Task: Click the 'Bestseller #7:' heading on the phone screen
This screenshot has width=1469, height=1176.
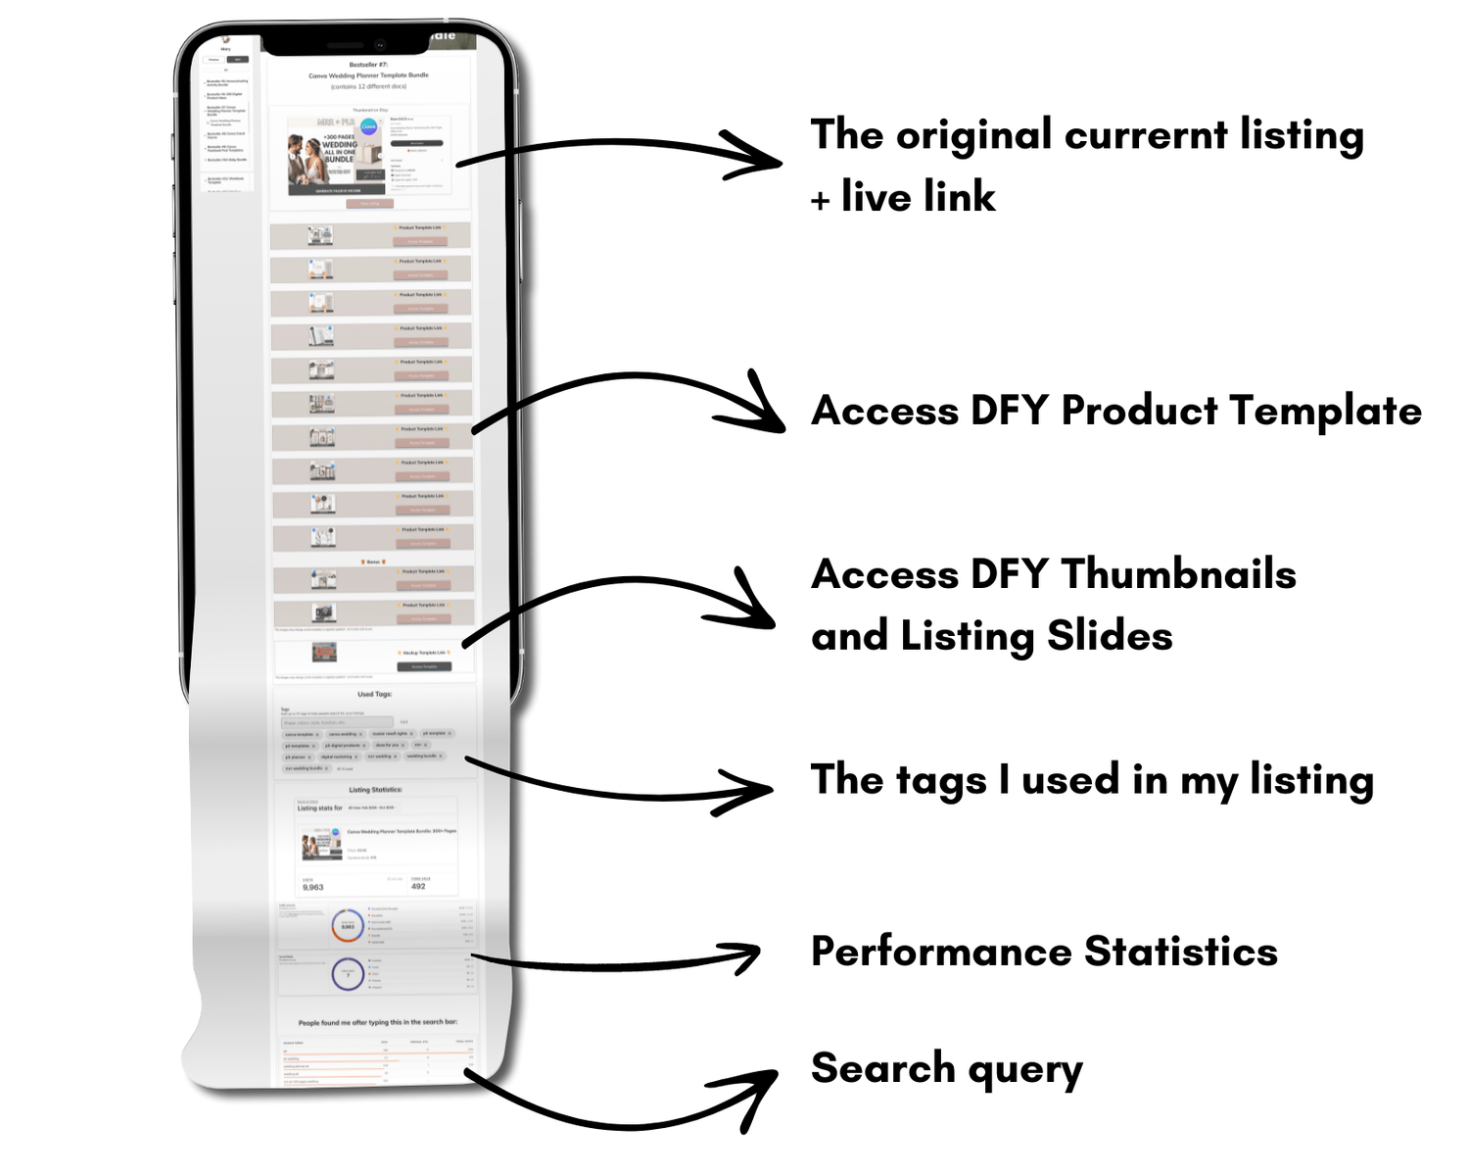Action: point(369,65)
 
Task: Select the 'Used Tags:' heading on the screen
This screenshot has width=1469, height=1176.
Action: point(374,694)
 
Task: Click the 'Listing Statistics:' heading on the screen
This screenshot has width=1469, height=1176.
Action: point(375,789)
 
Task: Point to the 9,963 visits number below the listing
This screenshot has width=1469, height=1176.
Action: point(313,887)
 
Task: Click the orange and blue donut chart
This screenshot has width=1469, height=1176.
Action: point(348,924)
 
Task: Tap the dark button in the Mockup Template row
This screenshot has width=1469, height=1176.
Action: point(424,666)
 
